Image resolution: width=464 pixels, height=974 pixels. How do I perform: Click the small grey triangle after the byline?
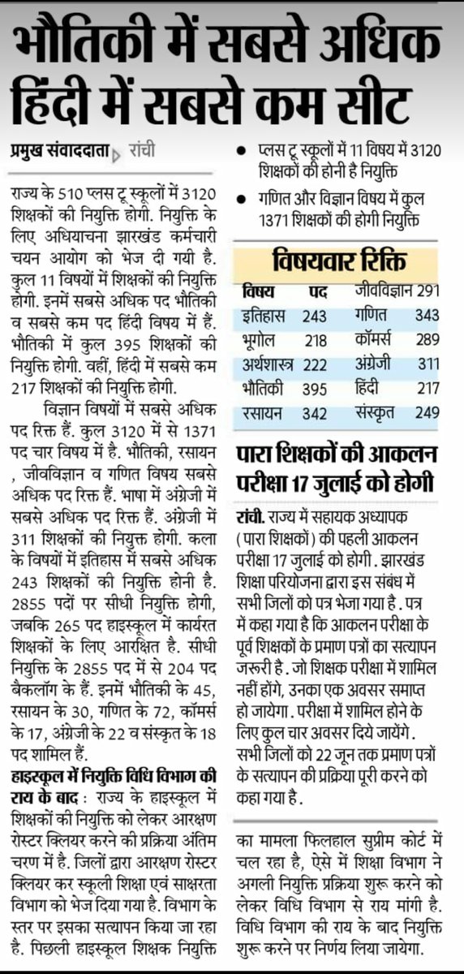pos(113,153)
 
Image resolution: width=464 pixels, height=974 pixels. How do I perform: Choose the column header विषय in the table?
pos(258,291)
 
